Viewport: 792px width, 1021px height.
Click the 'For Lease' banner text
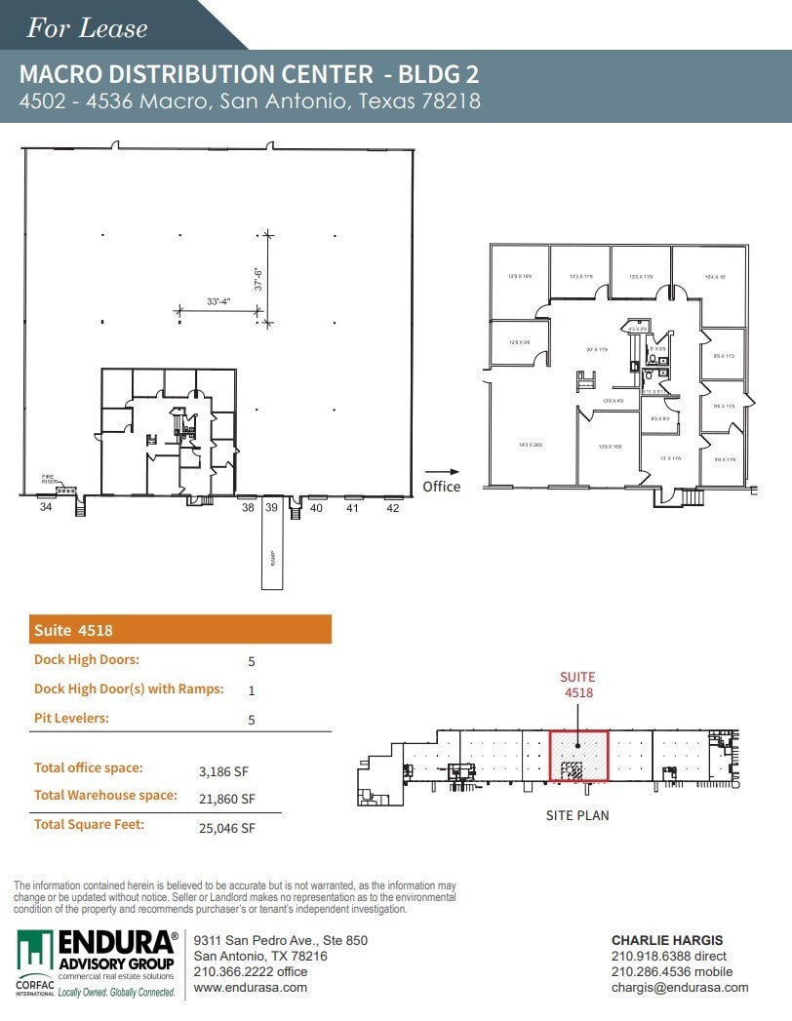[87, 28]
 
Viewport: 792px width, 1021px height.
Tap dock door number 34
[45, 507]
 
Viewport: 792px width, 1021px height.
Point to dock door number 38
[248, 507]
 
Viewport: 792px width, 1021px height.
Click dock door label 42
[392, 507]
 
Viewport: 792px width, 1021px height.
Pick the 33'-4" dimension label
[218, 302]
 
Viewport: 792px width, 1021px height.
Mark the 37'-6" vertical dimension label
[259, 273]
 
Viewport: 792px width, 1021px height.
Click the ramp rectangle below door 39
[271, 551]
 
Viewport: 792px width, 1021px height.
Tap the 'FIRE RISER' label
[49, 479]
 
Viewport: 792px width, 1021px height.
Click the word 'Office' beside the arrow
[441, 487]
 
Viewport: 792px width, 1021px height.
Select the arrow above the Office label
[441, 471]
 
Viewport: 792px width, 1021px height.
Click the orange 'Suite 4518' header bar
[181, 630]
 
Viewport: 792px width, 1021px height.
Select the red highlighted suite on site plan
[579, 756]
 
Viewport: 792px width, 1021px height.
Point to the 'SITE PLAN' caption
[576, 815]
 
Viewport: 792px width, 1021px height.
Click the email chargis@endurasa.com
[680, 987]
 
